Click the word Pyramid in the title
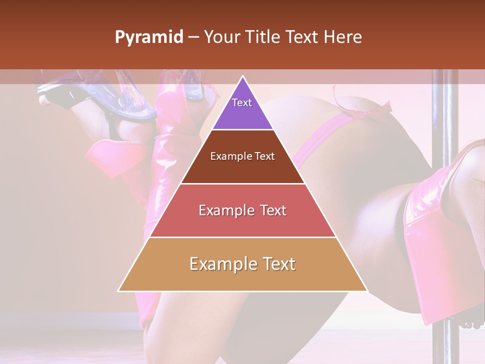149,37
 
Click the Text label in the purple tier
242,103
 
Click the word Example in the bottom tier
221,264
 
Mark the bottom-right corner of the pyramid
367,291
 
